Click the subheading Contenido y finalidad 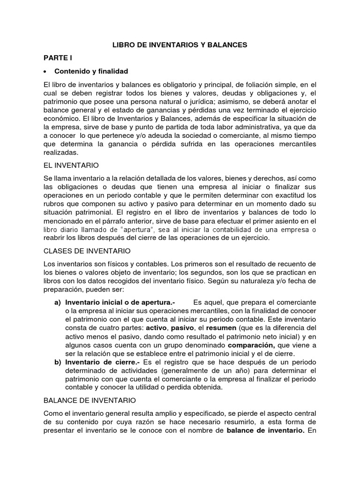pyautogui.click(x=91, y=71)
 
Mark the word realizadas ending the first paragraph pyautogui.click(x=61, y=152)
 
